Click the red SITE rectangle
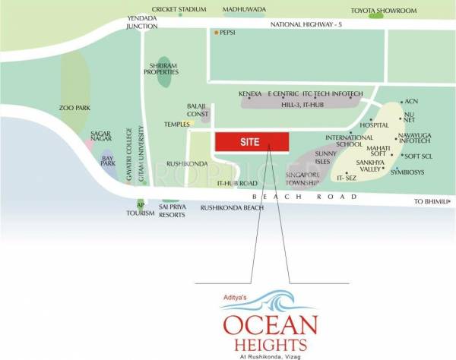(x=252, y=142)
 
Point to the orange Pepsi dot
(x=216, y=33)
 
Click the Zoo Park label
(x=74, y=108)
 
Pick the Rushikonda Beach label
(x=232, y=207)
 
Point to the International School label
(x=344, y=141)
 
